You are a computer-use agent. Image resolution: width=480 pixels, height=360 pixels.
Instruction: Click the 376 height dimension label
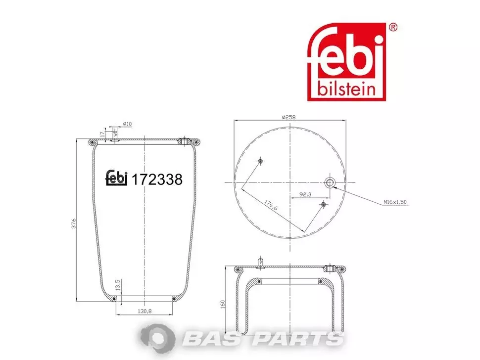74,224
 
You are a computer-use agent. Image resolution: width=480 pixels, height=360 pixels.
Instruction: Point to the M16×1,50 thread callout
395,202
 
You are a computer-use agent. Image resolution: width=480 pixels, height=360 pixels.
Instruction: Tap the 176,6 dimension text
271,205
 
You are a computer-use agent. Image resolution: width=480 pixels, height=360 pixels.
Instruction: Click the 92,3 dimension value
305,194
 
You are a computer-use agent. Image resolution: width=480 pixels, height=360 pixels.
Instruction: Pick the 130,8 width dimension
145,311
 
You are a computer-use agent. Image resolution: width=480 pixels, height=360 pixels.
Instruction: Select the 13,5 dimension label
117,285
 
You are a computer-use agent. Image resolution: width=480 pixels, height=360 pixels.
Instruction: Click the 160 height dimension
223,304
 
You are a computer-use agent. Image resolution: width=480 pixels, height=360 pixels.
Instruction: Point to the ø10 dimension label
127,124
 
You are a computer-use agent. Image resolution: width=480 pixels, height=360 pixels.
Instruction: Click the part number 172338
157,180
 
